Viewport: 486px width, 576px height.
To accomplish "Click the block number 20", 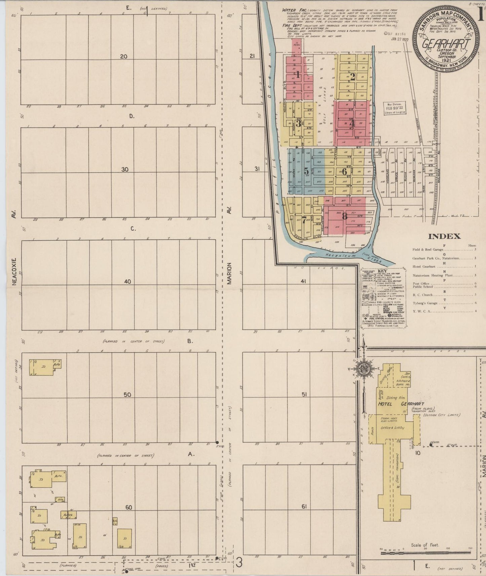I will (x=124, y=56).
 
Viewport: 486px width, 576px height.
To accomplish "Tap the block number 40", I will (x=127, y=282).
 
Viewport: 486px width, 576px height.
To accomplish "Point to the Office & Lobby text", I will (x=392, y=428).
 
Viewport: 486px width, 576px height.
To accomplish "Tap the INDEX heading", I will (x=444, y=236).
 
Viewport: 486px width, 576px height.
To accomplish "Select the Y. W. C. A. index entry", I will (x=422, y=311).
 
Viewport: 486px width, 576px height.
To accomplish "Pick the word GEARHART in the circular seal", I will (x=446, y=44).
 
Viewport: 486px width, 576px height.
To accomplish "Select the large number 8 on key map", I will (x=344, y=217).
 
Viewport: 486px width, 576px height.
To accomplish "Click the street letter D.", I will (x=132, y=117).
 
